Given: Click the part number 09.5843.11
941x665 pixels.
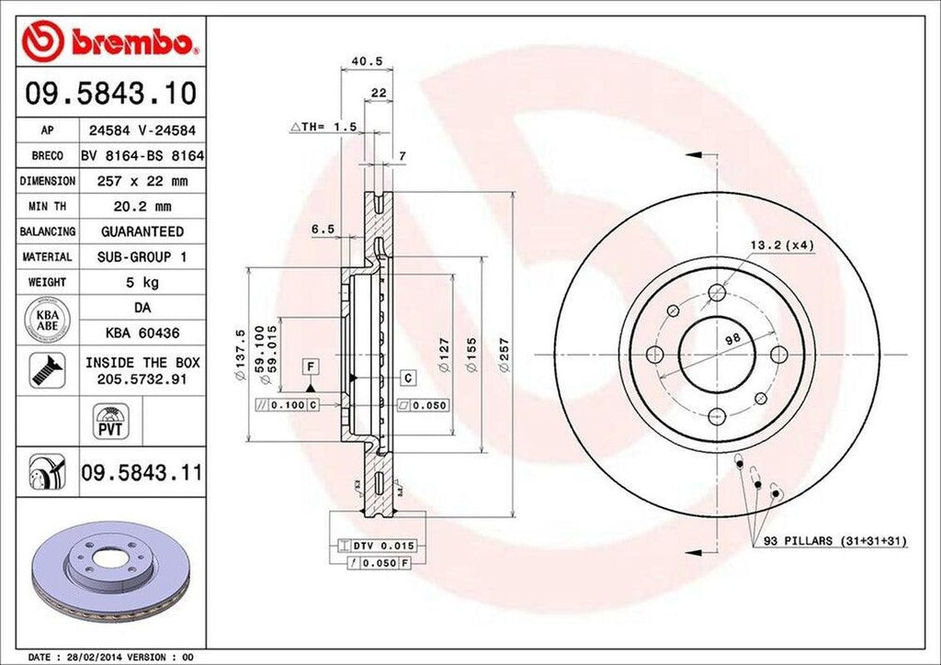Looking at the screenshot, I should point(142,474).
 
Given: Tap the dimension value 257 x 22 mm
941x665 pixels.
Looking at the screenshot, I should point(142,182).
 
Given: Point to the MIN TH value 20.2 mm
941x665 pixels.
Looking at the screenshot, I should point(142,207).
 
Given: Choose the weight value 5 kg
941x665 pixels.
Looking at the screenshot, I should point(142,282).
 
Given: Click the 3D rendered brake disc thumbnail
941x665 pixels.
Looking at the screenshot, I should point(110,570).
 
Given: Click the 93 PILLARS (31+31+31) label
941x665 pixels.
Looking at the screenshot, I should point(834,542).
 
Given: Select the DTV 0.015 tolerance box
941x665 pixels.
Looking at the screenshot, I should point(371,546).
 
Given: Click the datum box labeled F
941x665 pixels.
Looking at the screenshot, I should point(312,367).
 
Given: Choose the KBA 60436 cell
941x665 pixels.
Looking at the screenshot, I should point(142,332).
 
